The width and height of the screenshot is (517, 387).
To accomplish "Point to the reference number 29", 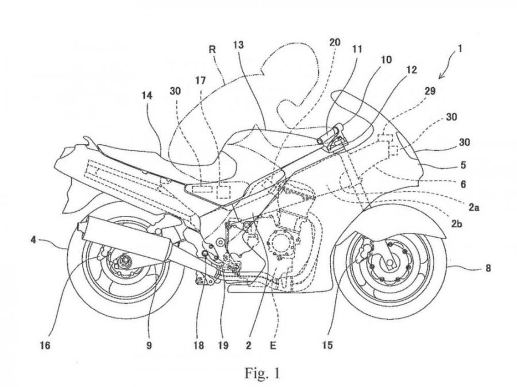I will click(430, 91).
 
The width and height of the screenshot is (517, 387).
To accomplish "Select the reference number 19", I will click(223, 346).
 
